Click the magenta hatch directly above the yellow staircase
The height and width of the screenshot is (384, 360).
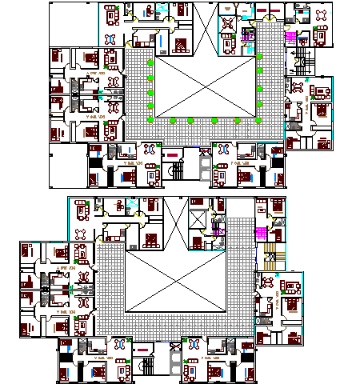click(x=260, y=234)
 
